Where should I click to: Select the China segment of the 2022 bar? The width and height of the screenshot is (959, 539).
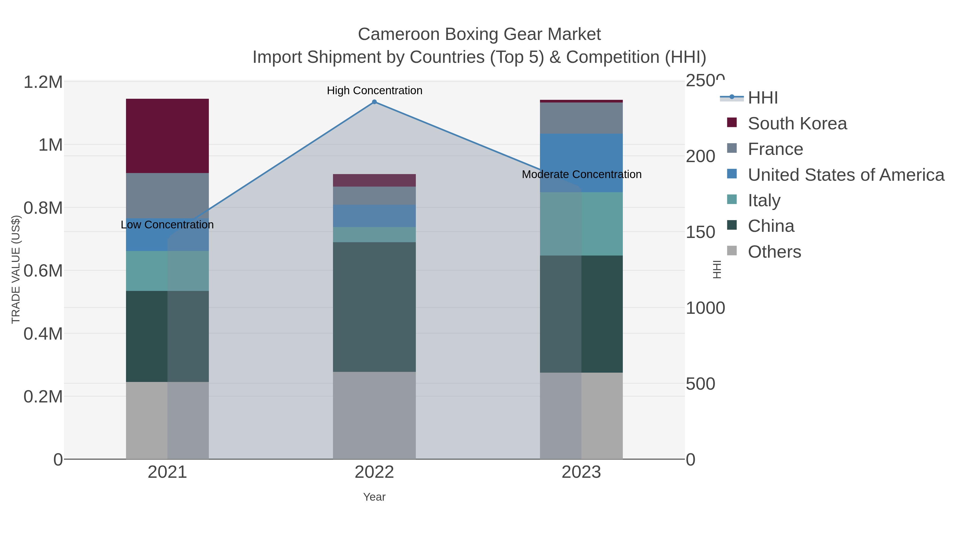[x=374, y=307]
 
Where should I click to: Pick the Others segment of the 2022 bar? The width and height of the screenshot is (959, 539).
[x=374, y=415]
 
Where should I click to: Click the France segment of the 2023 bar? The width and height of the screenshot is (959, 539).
[x=581, y=118]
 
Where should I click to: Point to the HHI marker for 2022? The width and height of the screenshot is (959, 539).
[x=375, y=102]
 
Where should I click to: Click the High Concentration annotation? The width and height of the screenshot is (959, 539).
[x=375, y=91]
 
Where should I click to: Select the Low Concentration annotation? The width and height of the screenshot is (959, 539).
[x=167, y=225]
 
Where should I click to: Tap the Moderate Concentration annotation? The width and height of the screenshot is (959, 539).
[x=582, y=174]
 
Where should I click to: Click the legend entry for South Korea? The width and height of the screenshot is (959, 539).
[x=797, y=124]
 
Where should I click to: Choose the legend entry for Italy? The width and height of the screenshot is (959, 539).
[x=764, y=200]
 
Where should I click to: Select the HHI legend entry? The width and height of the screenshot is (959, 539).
[x=762, y=98]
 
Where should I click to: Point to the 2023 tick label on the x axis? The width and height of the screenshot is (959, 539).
[x=581, y=472]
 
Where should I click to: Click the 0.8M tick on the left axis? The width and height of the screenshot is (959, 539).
[x=43, y=208]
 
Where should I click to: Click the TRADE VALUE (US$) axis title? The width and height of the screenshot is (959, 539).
[x=16, y=269]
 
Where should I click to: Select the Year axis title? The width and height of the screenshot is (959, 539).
[x=374, y=497]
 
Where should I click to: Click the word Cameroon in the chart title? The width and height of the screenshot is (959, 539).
[x=399, y=34]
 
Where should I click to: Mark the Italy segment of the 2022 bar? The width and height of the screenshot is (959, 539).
[x=374, y=235]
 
